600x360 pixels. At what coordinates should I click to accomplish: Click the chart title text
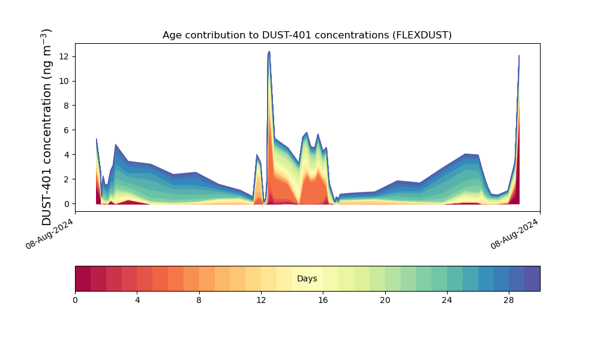click(x=307, y=35)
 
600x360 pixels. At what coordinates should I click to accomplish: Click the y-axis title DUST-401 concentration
click(x=47, y=127)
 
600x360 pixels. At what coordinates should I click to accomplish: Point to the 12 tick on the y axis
click(x=66, y=56)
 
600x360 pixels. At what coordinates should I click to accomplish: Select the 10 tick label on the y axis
click(x=66, y=81)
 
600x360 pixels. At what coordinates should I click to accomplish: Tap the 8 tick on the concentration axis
click(x=68, y=106)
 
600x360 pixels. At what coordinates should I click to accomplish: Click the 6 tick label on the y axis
click(x=68, y=130)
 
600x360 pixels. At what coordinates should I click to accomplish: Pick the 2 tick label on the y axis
click(x=68, y=179)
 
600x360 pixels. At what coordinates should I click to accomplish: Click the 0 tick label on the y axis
click(x=68, y=204)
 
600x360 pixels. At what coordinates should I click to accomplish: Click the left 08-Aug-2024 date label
click(x=50, y=234)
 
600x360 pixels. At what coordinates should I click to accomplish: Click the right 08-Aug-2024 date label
click(x=515, y=234)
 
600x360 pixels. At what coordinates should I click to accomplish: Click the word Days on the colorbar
click(x=307, y=279)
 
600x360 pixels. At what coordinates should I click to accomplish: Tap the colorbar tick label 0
click(x=75, y=300)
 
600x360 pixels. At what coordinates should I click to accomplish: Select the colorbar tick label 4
click(x=137, y=300)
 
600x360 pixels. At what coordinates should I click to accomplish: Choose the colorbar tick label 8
click(x=199, y=300)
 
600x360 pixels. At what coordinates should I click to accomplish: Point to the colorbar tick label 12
click(x=261, y=300)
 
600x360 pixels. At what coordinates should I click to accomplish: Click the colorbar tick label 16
click(x=323, y=300)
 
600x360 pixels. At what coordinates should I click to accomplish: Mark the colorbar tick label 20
click(x=385, y=300)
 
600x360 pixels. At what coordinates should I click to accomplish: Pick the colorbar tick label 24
click(x=447, y=300)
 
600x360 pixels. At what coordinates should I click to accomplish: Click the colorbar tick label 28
click(x=509, y=300)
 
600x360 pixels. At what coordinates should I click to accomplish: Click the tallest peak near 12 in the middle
click(x=269, y=52)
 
